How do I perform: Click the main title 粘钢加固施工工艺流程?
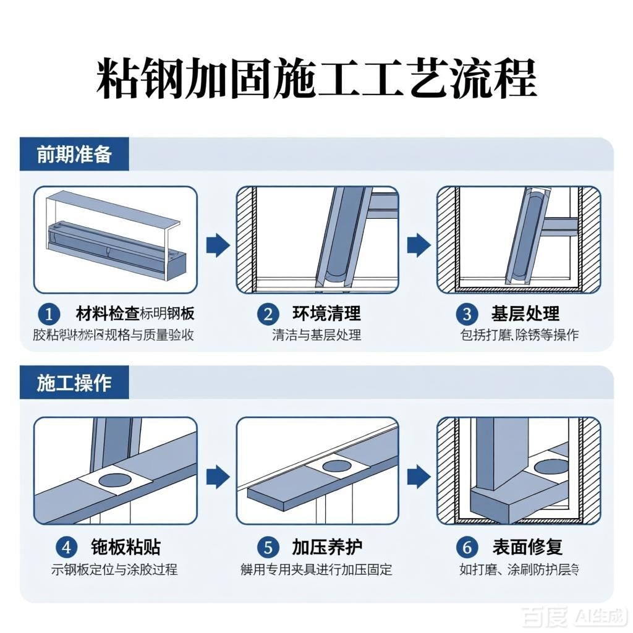(x=316, y=79)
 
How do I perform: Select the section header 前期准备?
(x=74, y=154)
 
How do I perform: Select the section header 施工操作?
(x=74, y=383)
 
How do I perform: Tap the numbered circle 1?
(x=49, y=315)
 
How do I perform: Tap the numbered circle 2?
(x=268, y=315)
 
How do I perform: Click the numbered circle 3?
(x=467, y=315)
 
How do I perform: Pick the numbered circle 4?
(x=66, y=548)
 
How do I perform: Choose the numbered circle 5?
(x=268, y=548)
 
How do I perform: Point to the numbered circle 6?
(x=467, y=548)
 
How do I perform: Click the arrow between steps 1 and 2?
(x=217, y=245)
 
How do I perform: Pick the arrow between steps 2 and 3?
(x=418, y=245)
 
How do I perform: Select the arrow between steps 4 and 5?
(x=217, y=476)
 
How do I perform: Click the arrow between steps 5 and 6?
(x=418, y=476)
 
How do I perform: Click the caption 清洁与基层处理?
(x=316, y=335)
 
